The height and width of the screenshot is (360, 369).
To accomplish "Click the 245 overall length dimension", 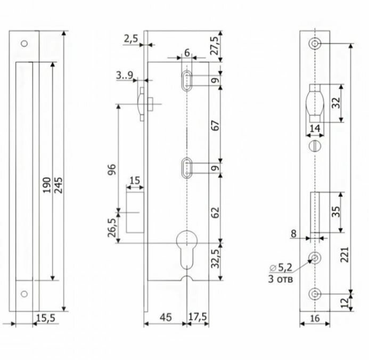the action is pos(58,184).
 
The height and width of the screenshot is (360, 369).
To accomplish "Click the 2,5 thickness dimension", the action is pos(131,38).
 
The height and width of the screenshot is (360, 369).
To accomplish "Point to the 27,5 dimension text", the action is pos(214,44).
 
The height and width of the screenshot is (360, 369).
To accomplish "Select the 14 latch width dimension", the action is pos(314,128).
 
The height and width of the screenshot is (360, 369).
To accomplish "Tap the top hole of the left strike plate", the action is pos(23,44).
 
